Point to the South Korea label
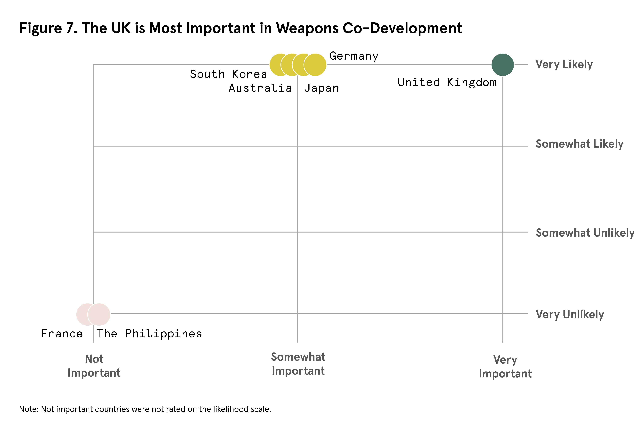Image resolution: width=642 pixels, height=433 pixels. pyautogui.click(x=228, y=74)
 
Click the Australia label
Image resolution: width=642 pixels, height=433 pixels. pyautogui.click(x=260, y=88)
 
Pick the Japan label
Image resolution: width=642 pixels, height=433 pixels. pyautogui.click(x=321, y=88)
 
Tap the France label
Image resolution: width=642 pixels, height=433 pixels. pyautogui.click(x=62, y=334)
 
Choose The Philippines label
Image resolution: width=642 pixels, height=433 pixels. pyautogui.click(x=149, y=334)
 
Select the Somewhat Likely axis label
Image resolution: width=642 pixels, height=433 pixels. pyautogui.click(x=579, y=144)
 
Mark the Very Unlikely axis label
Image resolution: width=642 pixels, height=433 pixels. pyautogui.click(x=570, y=315)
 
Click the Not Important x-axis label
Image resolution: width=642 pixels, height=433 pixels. pyautogui.click(x=94, y=366)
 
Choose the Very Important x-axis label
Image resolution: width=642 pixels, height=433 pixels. pyautogui.click(x=505, y=367)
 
